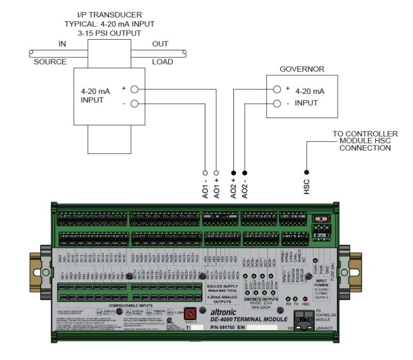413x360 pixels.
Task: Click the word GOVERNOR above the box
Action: click(x=299, y=68)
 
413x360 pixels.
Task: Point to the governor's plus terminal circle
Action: click(x=277, y=89)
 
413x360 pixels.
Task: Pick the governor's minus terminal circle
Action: click(x=277, y=103)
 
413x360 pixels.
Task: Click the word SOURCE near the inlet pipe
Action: click(x=50, y=62)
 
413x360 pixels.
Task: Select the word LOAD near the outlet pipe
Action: click(x=163, y=62)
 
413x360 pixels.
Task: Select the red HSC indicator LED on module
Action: click(x=305, y=298)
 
